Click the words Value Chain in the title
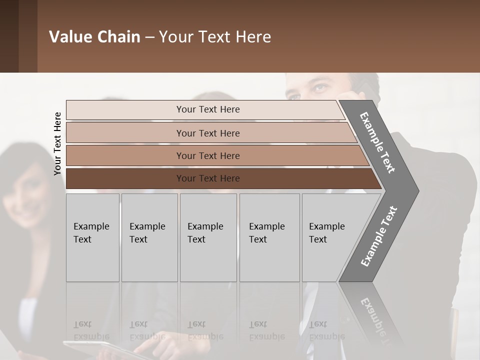(94, 37)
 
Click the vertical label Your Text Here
(57, 143)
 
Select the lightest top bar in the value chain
(205, 109)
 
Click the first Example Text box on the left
(92, 237)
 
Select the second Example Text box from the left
(149, 237)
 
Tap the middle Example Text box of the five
(208, 237)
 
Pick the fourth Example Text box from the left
(269, 237)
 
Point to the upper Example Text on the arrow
(377, 142)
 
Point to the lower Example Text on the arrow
(378, 236)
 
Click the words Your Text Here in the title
(215, 37)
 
